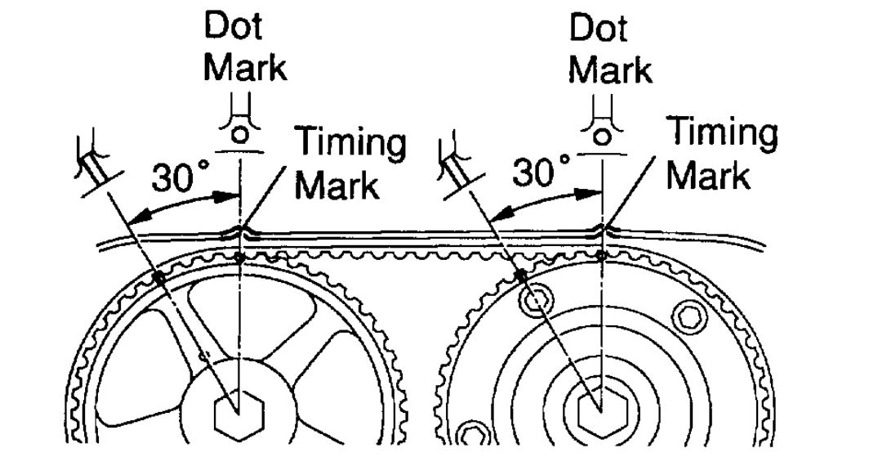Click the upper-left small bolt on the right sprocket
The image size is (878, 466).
[x=535, y=302]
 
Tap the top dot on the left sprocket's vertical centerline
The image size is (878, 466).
[x=239, y=258]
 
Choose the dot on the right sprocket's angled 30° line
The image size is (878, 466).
[x=520, y=276]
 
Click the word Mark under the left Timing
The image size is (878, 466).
[x=336, y=185]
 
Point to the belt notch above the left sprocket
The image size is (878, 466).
[x=239, y=232]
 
